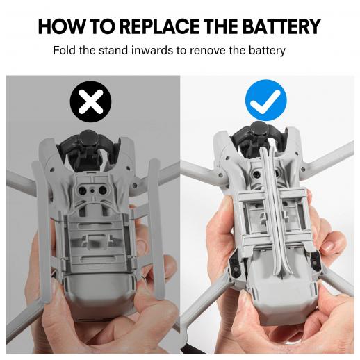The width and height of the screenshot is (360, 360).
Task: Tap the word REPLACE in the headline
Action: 160,26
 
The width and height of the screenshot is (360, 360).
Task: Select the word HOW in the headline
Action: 61,26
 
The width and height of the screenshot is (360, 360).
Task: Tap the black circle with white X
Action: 90,101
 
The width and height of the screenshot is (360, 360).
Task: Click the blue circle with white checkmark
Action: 266,100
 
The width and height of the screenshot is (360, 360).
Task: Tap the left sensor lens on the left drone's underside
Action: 82,190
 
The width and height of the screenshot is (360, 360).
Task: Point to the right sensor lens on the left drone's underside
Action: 103,190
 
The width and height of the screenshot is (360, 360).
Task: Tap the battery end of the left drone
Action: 99,299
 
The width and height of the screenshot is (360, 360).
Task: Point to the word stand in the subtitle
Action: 113,50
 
